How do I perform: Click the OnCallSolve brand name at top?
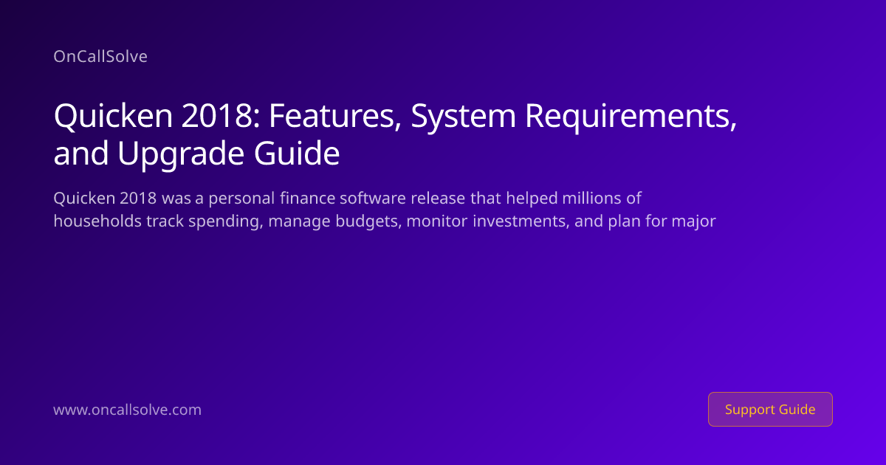100,57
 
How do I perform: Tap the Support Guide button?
770,409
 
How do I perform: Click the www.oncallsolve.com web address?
127,410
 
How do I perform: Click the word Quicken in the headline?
113,115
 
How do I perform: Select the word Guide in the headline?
297,153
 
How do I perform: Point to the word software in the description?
373,198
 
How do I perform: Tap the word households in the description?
97,221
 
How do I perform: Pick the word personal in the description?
241,199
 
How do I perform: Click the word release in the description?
438,198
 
